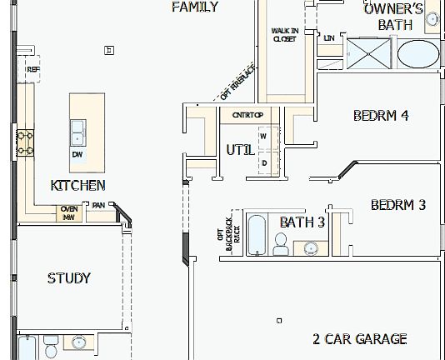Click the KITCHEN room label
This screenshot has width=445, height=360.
[x=78, y=185]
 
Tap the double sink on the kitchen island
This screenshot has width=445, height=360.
[x=77, y=132]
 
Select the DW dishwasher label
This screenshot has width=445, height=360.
[x=77, y=154]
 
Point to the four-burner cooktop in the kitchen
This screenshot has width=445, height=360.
[x=24, y=142]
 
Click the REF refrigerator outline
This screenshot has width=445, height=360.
[x=32, y=69]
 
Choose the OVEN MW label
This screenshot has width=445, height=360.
[x=69, y=212]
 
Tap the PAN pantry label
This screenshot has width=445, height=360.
[x=98, y=205]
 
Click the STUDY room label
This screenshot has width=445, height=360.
[x=69, y=278]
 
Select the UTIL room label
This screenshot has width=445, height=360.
[x=240, y=151]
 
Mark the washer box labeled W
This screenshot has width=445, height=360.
[x=264, y=135]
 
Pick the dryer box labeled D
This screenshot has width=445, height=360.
[x=264, y=162]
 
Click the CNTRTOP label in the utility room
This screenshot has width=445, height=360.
[x=247, y=114]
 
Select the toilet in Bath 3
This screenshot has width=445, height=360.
[x=281, y=245]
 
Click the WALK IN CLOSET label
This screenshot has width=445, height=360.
[x=285, y=34]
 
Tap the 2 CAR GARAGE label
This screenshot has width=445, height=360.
[x=360, y=338]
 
